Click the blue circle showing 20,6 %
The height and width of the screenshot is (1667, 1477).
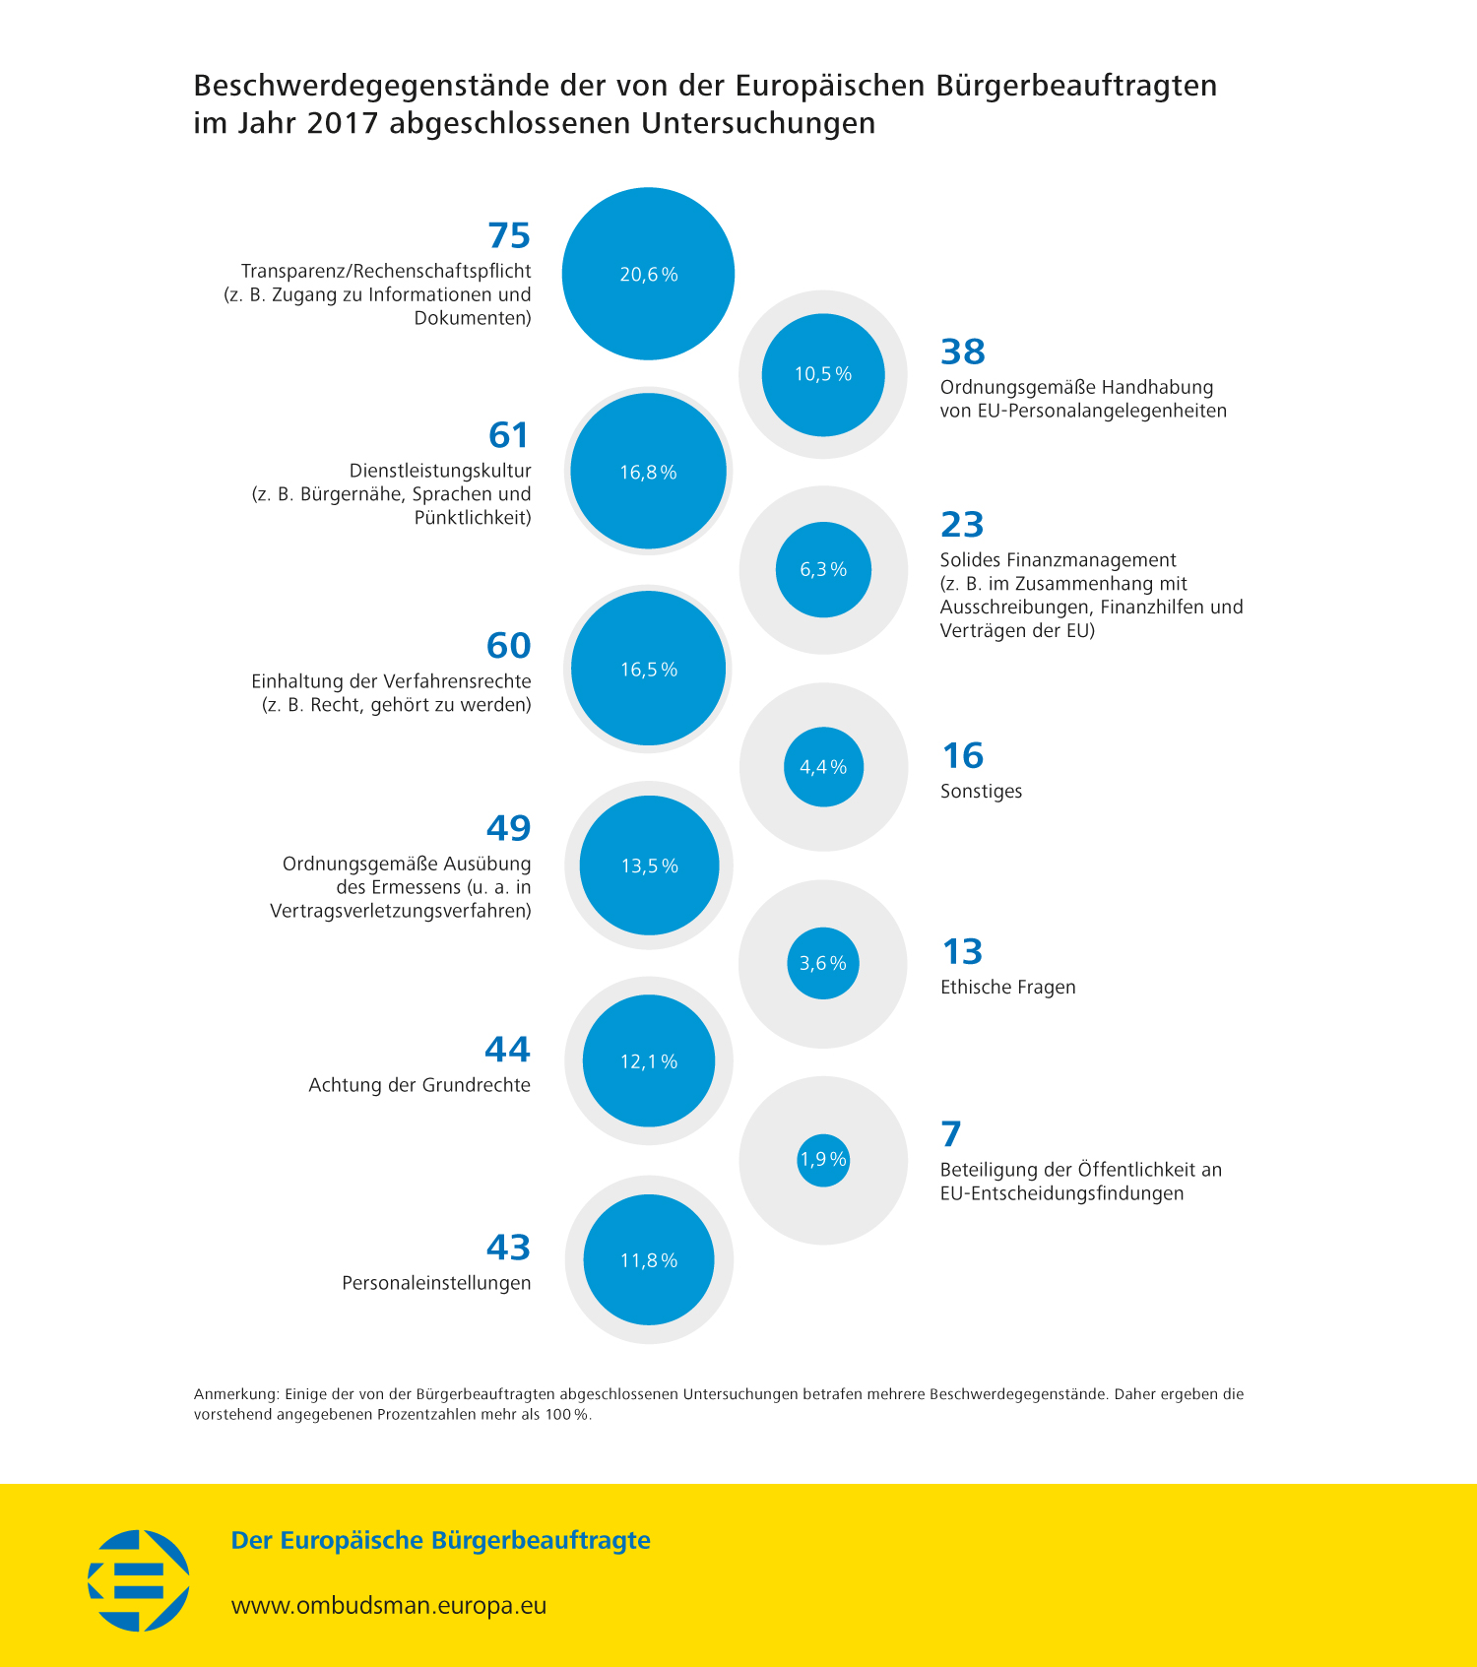tap(648, 274)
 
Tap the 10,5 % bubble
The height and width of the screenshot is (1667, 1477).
tap(823, 374)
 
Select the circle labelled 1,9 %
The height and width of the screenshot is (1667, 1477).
tap(823, 1160)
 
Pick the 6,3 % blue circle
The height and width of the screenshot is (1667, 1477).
tap(823, 569)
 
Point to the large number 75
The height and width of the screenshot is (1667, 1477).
tap(509, 236)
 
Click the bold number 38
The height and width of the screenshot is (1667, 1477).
tap(963, 352)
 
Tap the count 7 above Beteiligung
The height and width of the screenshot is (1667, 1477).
tap(951, 1134)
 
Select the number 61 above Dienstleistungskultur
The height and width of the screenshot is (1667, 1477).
tap(509, 435)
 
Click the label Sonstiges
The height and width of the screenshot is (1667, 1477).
tap(981, 792)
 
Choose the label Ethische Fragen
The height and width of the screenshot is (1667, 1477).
tap(1007, 988)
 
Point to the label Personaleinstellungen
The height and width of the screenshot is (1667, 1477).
tap(436, 1283)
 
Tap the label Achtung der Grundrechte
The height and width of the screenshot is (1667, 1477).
tap(419, 1085)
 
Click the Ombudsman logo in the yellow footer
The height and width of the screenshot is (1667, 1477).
tap(139, 1579)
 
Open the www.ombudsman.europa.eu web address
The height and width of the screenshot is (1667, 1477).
tap(389, 1605)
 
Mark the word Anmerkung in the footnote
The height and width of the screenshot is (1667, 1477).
tap(235, 1394)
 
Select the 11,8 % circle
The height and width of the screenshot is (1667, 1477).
tap(648, 1260)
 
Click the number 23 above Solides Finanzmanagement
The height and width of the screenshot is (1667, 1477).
tap(962, 525)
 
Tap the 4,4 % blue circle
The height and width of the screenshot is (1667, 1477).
tap(823, 767)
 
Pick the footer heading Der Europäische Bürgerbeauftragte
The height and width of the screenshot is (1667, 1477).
tap(440, 1540)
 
